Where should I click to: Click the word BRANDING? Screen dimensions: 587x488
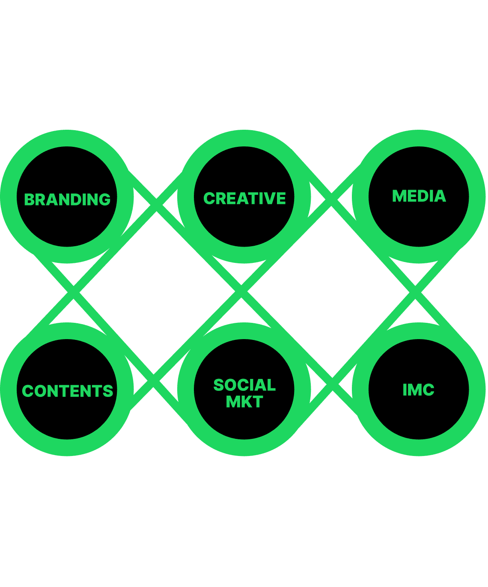67,200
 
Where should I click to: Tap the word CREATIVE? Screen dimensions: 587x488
244,198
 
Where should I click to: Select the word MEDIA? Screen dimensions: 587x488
419,196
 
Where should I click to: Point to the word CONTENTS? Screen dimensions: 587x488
67,391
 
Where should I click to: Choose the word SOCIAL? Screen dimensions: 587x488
244,385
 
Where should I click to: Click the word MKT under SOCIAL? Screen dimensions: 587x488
244,402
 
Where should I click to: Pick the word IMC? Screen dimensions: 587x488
418,390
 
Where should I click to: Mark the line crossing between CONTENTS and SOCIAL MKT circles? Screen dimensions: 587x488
154,381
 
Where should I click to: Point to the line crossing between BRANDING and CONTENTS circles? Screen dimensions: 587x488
74,292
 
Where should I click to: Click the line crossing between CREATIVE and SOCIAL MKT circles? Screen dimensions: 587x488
241,292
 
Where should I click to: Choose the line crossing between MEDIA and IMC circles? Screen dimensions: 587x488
415,292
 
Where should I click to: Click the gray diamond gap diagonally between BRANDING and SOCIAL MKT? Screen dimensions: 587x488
156,291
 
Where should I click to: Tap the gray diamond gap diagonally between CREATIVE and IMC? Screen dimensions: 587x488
330,291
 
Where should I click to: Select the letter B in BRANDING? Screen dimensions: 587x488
30,200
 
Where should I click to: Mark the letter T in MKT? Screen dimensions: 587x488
257,402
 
